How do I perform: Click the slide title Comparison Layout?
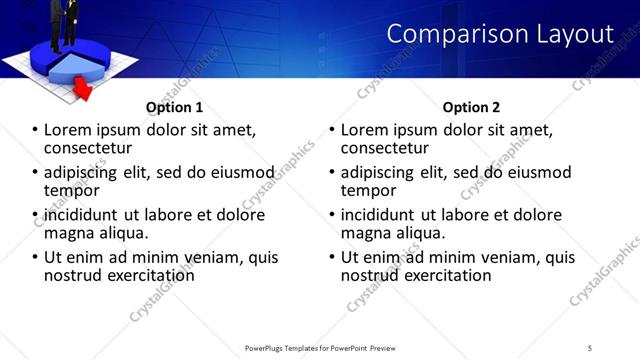(x=500, y=34)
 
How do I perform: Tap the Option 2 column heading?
(x=471, y=108)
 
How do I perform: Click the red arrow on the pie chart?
(x=84, y=91)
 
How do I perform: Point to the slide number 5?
(x=591, y=347)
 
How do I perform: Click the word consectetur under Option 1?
(x=94, y=147)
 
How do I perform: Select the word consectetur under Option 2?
(x=391, y=147)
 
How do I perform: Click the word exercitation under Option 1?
(x=143, y=274)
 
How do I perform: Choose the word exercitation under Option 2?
(x=440, y=274)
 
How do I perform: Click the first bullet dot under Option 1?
(x=36, y=130)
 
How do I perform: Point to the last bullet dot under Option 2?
(x=333, y=257)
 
